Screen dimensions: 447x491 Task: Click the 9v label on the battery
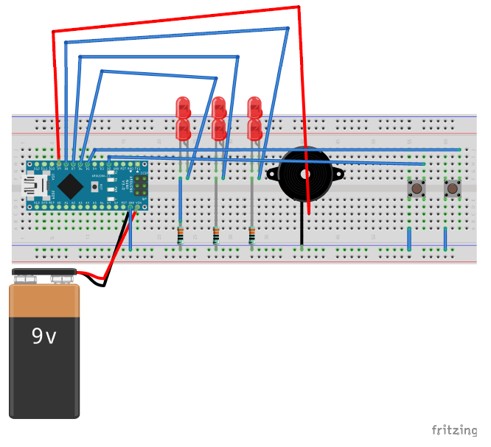(43, 337)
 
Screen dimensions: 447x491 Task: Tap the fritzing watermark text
(453, 430)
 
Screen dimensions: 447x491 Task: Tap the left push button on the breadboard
(417, 189)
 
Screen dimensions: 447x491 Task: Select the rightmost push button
(452, 189)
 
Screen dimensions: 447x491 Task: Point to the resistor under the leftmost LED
(181, 236)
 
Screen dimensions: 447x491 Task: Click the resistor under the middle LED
(216, 236)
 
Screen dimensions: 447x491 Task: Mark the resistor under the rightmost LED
(252, 236)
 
